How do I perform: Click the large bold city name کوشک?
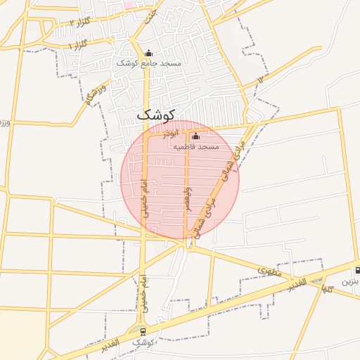[155, 112]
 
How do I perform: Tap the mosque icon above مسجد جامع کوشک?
[148, 53]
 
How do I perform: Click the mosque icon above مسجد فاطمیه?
[195, 136]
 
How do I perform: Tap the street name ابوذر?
[172, 133]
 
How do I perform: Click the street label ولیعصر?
[188, 200]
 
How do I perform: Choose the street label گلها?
[327, 288]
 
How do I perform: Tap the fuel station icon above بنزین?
[359, 270]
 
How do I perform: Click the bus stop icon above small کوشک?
[143, 331]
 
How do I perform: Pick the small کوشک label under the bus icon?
[143, 342]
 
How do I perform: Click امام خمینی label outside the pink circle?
[143, 290]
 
